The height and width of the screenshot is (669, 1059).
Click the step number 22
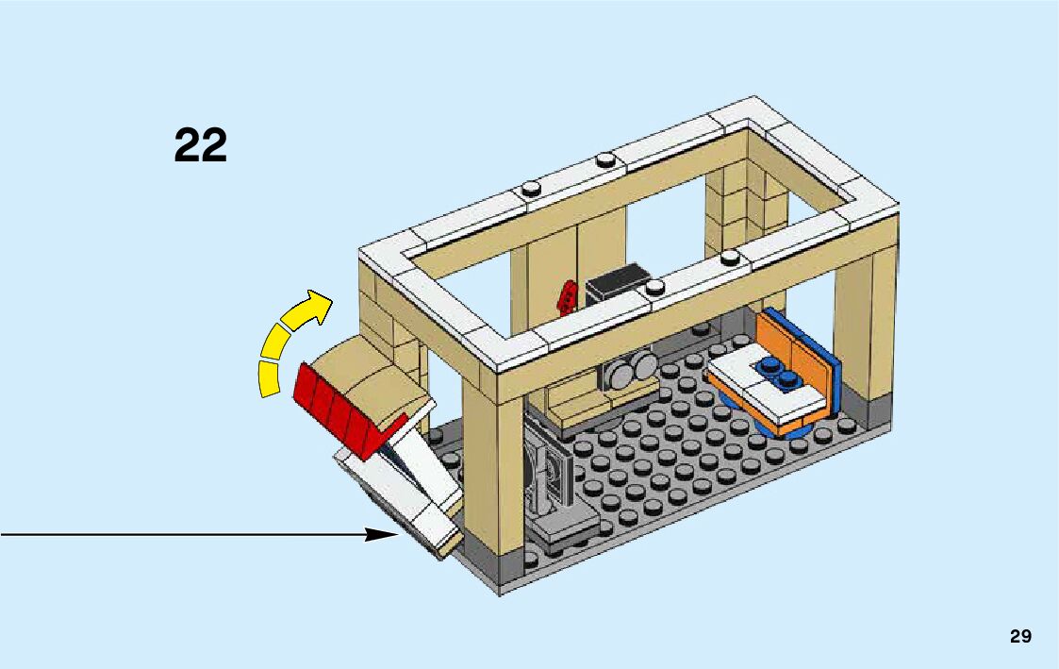click(x=201, y=146)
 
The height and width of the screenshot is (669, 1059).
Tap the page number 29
click(x=1020, y=636)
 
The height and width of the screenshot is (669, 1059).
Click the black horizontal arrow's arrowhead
click(x=382, y=535)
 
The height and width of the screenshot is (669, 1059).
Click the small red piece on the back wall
click(x=567, y=297)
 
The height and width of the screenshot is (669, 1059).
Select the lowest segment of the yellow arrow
click(x=271, y=377)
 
